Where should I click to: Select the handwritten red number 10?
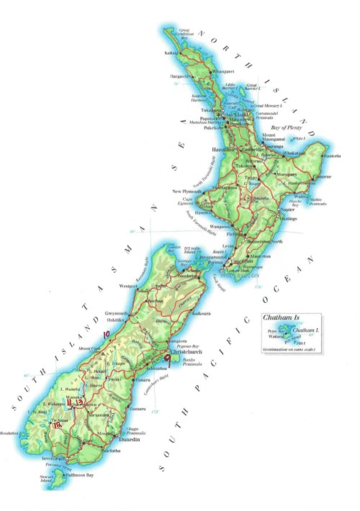(107, 335)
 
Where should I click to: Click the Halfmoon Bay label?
(77, 489)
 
